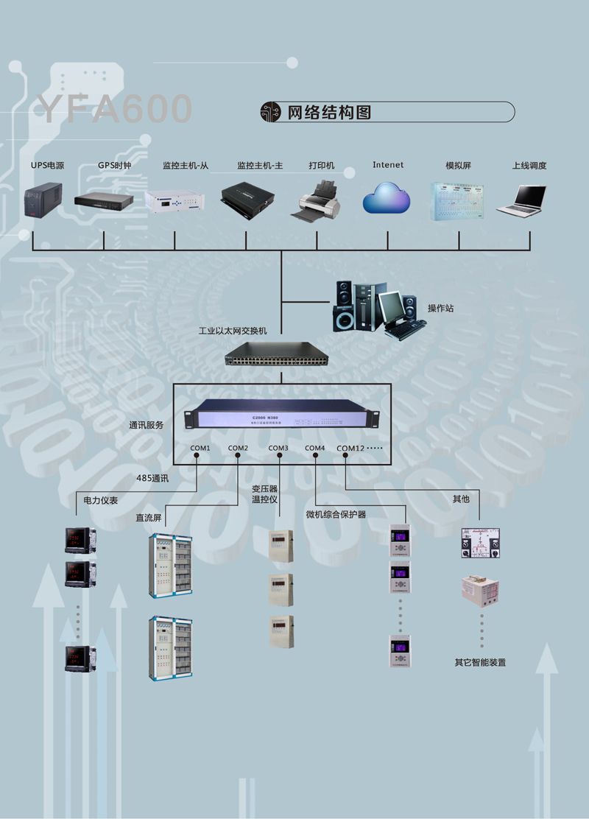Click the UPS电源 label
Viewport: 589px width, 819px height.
pos(47,166)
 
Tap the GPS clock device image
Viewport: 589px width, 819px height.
pos(103,200)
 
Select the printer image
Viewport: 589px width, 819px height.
pos(317,200)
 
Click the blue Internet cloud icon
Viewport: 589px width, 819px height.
pos(387,197)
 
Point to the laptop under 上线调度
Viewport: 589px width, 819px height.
pos(522,200)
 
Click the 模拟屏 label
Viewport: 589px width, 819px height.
pos(458,166)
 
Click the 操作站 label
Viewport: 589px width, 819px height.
pos(440,308)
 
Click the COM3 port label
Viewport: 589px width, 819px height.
pos(278,449)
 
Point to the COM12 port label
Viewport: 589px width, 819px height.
pos(350,449)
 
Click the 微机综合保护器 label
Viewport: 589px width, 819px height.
pos(336,514)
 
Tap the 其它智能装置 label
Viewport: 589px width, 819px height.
pos(480,662)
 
